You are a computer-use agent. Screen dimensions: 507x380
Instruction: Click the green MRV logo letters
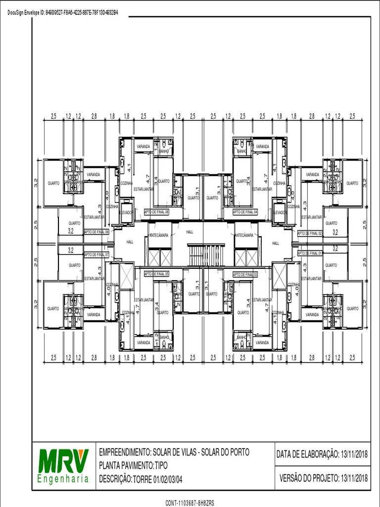[x=63, y=460]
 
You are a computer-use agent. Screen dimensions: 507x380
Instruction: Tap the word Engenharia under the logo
[x=63, y=479]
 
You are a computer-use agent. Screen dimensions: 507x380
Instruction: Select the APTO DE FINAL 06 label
[x=156, y=211]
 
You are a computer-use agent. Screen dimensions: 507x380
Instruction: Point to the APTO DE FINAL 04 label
[x=245, y=211]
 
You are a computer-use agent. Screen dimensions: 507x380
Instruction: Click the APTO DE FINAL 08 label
[x=96, y=231]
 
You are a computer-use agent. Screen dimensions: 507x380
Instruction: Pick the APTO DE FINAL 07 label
[x=96, y=254]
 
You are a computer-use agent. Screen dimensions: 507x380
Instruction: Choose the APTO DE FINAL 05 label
[x=156, y=274]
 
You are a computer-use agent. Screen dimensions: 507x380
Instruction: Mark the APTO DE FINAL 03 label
[x=245, y=274]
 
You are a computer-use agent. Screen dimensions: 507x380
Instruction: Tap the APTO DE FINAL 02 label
[x=310, y=233]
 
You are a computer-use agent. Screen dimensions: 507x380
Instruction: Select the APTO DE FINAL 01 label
[x=310, y=253]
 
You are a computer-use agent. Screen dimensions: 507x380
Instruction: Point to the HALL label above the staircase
[x=190, y=232]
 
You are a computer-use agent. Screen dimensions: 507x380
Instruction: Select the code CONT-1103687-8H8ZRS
[x=190, y=503]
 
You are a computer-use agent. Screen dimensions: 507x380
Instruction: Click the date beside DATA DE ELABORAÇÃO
[x=354, y=454]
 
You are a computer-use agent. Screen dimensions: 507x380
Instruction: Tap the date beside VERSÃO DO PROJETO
[x=354, y=478]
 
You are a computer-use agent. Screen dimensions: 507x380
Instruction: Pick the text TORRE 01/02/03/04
[x=158, y=479]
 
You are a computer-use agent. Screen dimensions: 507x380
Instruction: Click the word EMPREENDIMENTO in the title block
[x=124, y=453]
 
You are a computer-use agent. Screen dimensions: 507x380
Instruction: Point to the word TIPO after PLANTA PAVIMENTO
[x=161, y=466]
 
